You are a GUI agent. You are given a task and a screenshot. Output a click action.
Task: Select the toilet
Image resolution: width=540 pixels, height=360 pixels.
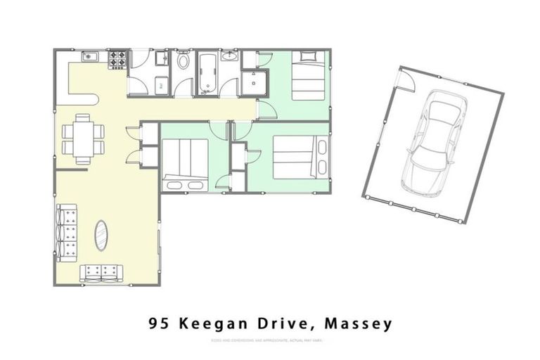(184, 61)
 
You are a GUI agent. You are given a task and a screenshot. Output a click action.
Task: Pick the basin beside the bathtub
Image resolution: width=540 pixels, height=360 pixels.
(229, 56)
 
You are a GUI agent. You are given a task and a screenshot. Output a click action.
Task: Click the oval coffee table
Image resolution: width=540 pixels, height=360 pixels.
(102, 236)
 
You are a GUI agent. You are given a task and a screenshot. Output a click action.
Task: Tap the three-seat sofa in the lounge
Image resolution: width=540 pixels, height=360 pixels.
(67, 233)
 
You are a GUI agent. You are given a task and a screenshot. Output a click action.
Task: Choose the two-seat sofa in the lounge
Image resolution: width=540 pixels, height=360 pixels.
(101, 271)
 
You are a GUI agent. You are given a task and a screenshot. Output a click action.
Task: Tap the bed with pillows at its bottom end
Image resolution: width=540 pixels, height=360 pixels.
(185, 165)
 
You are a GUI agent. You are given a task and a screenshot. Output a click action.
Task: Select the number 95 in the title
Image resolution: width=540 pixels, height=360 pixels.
(159, 324)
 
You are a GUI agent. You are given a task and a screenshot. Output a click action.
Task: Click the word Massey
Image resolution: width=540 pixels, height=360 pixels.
(359, 324)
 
